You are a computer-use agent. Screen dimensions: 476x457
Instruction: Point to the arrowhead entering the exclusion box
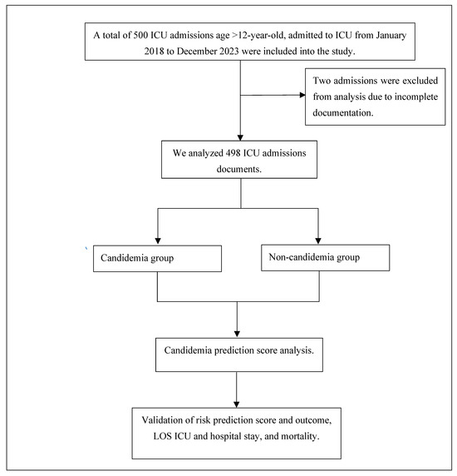tap(301, 97)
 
